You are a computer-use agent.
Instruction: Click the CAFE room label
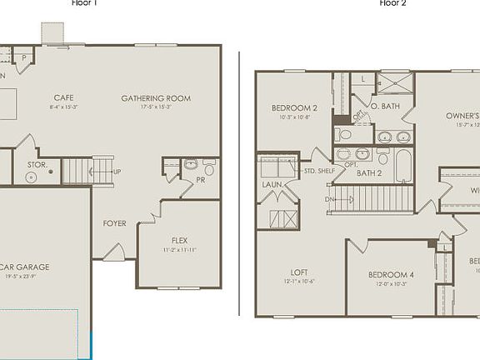(64, 97)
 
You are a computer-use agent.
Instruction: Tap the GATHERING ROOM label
(156, 98)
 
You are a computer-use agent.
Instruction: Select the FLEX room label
(180, 240)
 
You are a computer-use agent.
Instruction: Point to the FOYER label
(114, 223)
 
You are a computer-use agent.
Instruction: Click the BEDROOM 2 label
(294, 108)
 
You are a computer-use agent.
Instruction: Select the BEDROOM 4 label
(391, 275)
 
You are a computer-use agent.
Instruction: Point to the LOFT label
(299, 272)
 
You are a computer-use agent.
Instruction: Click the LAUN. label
(272, 185)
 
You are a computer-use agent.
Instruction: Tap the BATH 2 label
(368, 173)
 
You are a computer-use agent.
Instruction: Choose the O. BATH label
(386, 106)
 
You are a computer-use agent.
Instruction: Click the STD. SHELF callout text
(320, 171)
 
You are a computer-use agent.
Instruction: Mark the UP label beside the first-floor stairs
(117, 172)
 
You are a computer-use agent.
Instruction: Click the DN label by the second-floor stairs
(330, 200)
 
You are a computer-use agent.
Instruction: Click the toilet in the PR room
(209, 169)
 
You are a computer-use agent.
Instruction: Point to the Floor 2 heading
(393, 3)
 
